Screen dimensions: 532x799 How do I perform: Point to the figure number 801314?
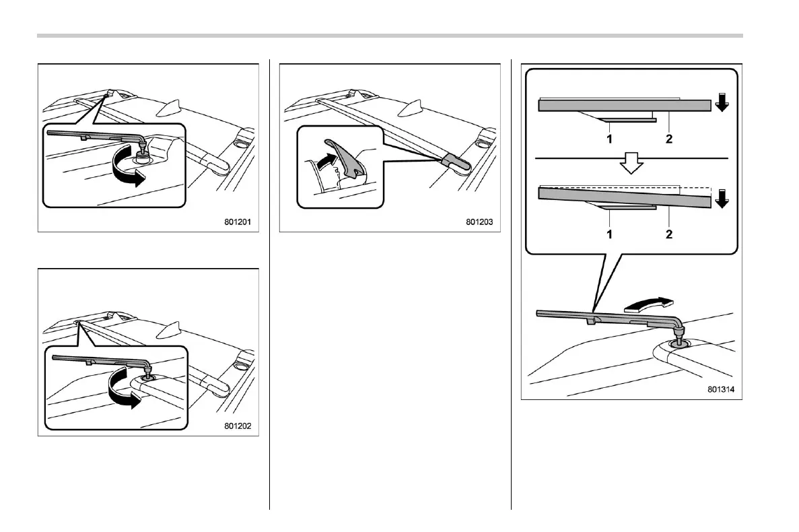pos(722,389)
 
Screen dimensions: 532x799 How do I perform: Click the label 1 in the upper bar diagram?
pos(609,140)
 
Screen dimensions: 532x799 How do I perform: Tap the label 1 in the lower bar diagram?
pos(609,234)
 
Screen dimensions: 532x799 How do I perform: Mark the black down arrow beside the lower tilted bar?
pos(722,199)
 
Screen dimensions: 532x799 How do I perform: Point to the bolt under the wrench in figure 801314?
pos(679,343)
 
